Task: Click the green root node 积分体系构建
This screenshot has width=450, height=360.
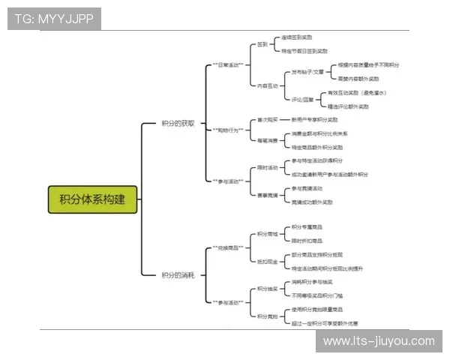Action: click(93, 199)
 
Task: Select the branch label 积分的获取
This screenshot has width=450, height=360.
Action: click(178, 124)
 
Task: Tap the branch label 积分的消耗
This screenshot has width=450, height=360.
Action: click(178, 275)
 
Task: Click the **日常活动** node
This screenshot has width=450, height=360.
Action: click(228, 65)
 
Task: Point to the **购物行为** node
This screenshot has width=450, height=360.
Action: click(228, 130)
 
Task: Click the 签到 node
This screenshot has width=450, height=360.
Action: click(262, 44)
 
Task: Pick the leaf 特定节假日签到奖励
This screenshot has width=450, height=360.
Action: click(304, 51)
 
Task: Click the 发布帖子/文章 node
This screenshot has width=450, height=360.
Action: click(307, 72)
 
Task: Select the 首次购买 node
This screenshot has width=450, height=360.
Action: click(267, 119)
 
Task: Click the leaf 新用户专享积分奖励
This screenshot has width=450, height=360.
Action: click(318, 119)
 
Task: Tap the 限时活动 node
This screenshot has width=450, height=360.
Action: click(267, 167)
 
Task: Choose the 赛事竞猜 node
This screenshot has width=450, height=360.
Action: click(267, 195)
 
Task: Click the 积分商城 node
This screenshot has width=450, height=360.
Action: click(267, 234)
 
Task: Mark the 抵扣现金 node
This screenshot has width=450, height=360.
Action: click(267, 261)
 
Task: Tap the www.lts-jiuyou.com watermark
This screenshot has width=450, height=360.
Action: click(378, 341)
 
